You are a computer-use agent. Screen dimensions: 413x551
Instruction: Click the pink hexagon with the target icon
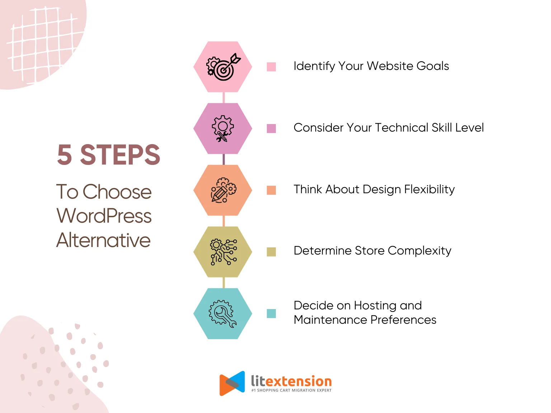[223, 67]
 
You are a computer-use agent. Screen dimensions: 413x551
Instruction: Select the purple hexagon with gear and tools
[223, 128]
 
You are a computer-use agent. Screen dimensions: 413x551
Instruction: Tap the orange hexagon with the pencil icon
[223, 190]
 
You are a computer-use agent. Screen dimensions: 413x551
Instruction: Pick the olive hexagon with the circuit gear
[223, 252]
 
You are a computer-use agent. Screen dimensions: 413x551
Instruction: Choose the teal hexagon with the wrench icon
[223, 313]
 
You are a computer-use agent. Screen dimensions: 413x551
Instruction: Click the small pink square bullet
[271, 67]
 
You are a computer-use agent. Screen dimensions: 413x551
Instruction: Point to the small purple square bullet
[271, 128]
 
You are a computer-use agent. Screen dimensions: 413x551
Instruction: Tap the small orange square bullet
[271, 190]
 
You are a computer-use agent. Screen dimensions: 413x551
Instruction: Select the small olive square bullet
[271, 252]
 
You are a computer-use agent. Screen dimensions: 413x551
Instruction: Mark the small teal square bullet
[271, 313]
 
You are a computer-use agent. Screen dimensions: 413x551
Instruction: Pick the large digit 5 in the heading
[65, 155]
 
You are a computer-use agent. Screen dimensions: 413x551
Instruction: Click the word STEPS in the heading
[120, 155]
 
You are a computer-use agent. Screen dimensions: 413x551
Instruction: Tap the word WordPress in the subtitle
[104, 216]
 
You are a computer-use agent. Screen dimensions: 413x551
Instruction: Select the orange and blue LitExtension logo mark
[232, 383]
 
